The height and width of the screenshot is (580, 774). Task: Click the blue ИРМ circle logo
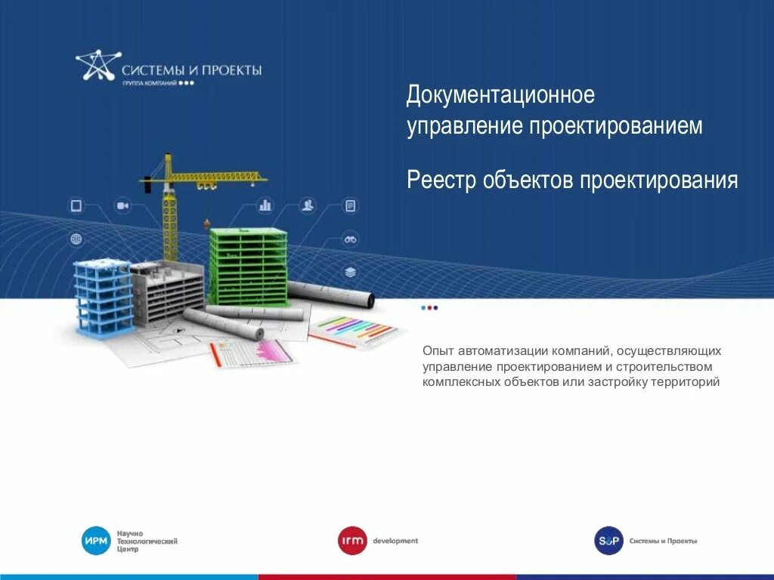[96, 541]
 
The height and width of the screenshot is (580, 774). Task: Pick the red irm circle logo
[352, 541]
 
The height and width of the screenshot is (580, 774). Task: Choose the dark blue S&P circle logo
[608, 541]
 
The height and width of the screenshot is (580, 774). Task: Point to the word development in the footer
[395, 541]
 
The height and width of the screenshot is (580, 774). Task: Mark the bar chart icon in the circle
[265, 205]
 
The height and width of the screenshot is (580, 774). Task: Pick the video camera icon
[122, 205]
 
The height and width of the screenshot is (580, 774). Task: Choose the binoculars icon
[350, 239]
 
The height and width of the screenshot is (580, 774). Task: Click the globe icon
[76, 239]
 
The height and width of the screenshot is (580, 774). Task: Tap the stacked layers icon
[350, 272]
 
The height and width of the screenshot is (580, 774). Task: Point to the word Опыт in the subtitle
[436, 351]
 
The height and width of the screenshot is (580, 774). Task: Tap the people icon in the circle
[308, 205]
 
